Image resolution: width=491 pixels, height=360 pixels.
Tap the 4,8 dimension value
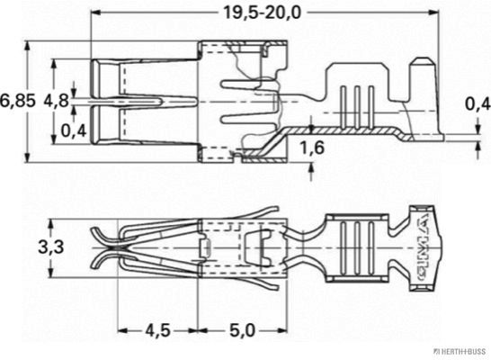(x=56, y=99)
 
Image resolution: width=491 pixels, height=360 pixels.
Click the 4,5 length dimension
(x=159, y=329)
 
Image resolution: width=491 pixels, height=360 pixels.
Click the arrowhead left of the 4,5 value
(x=123, y=329)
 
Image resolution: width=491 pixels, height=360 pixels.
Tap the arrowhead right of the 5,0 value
(x=282, y=329)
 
